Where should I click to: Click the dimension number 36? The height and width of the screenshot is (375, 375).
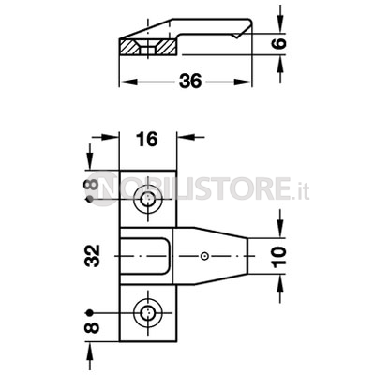click(x=190, y=82)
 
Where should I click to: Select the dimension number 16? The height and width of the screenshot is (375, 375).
click(x=147, y=139)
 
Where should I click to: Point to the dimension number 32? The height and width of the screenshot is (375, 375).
click(x=93, y=256)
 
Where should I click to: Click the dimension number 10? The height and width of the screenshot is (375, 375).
click(x=279, y=257)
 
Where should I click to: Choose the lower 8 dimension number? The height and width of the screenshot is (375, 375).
click(x=92, y=327)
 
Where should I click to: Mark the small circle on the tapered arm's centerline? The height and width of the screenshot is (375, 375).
click(x=204, y=256)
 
